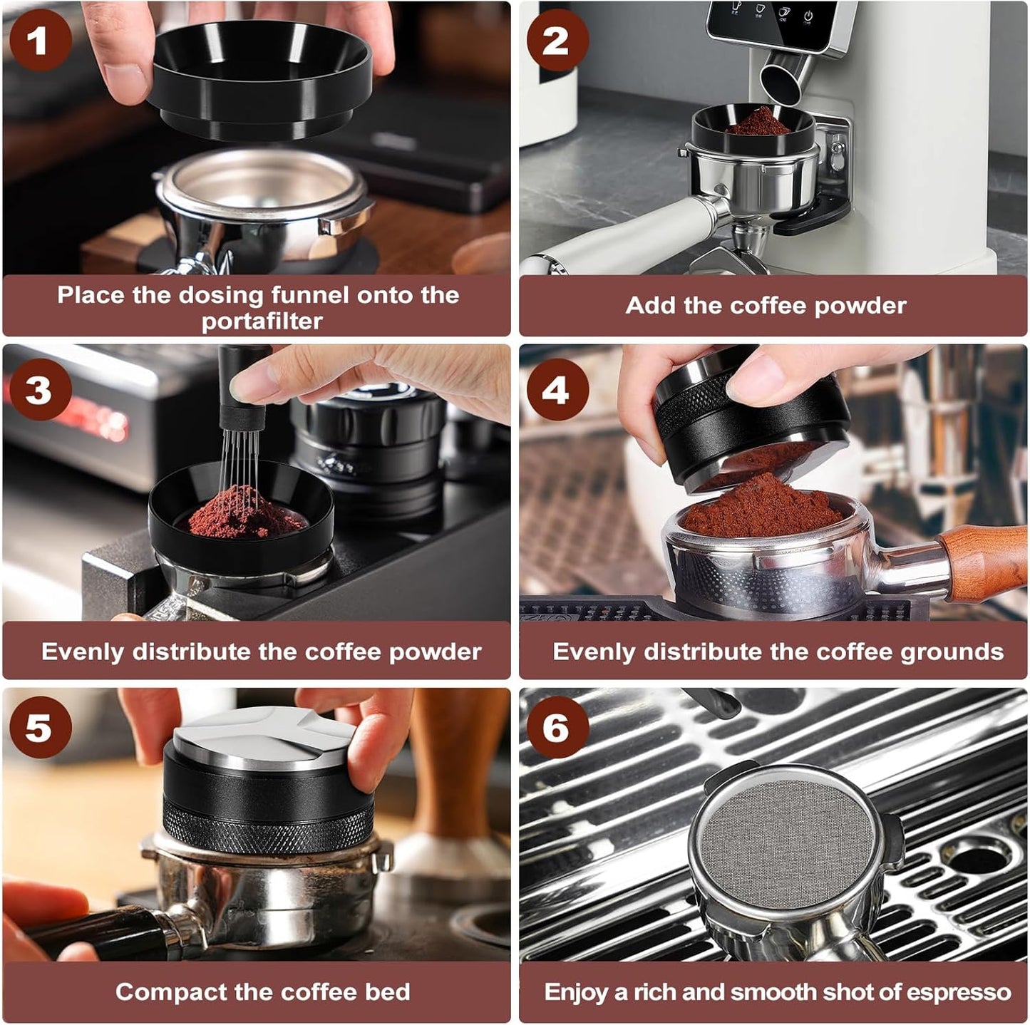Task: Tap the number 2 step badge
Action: [557, 40]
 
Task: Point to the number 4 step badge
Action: [557, 390]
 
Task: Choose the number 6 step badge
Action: [557, 727]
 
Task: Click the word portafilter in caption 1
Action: [262, 321]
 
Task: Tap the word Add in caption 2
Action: [649, 306]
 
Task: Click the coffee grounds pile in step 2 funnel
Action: [758, 123]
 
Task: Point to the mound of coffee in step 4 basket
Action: [759, 510]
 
